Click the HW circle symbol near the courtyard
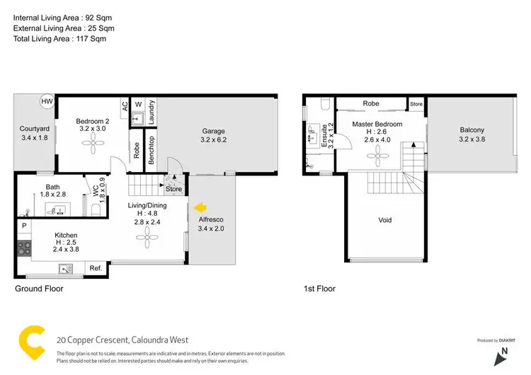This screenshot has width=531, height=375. [47, 102]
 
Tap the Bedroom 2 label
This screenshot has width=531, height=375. [93, 121]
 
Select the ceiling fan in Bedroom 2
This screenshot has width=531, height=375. [93, 146]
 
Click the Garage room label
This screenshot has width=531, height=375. [213, 131]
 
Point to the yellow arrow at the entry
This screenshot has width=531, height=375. [200, 207]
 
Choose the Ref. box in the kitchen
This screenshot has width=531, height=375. [96, 268]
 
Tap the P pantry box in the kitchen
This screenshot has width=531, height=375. [23, 226]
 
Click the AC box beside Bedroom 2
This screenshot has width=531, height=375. [125, 106]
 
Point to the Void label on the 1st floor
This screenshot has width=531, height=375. [384, 220]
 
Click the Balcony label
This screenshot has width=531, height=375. [472, 129]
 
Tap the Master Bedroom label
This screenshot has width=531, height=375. [377, 125]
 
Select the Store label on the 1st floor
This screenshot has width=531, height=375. [416, 104]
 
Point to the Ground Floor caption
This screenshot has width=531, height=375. [39, 289]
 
